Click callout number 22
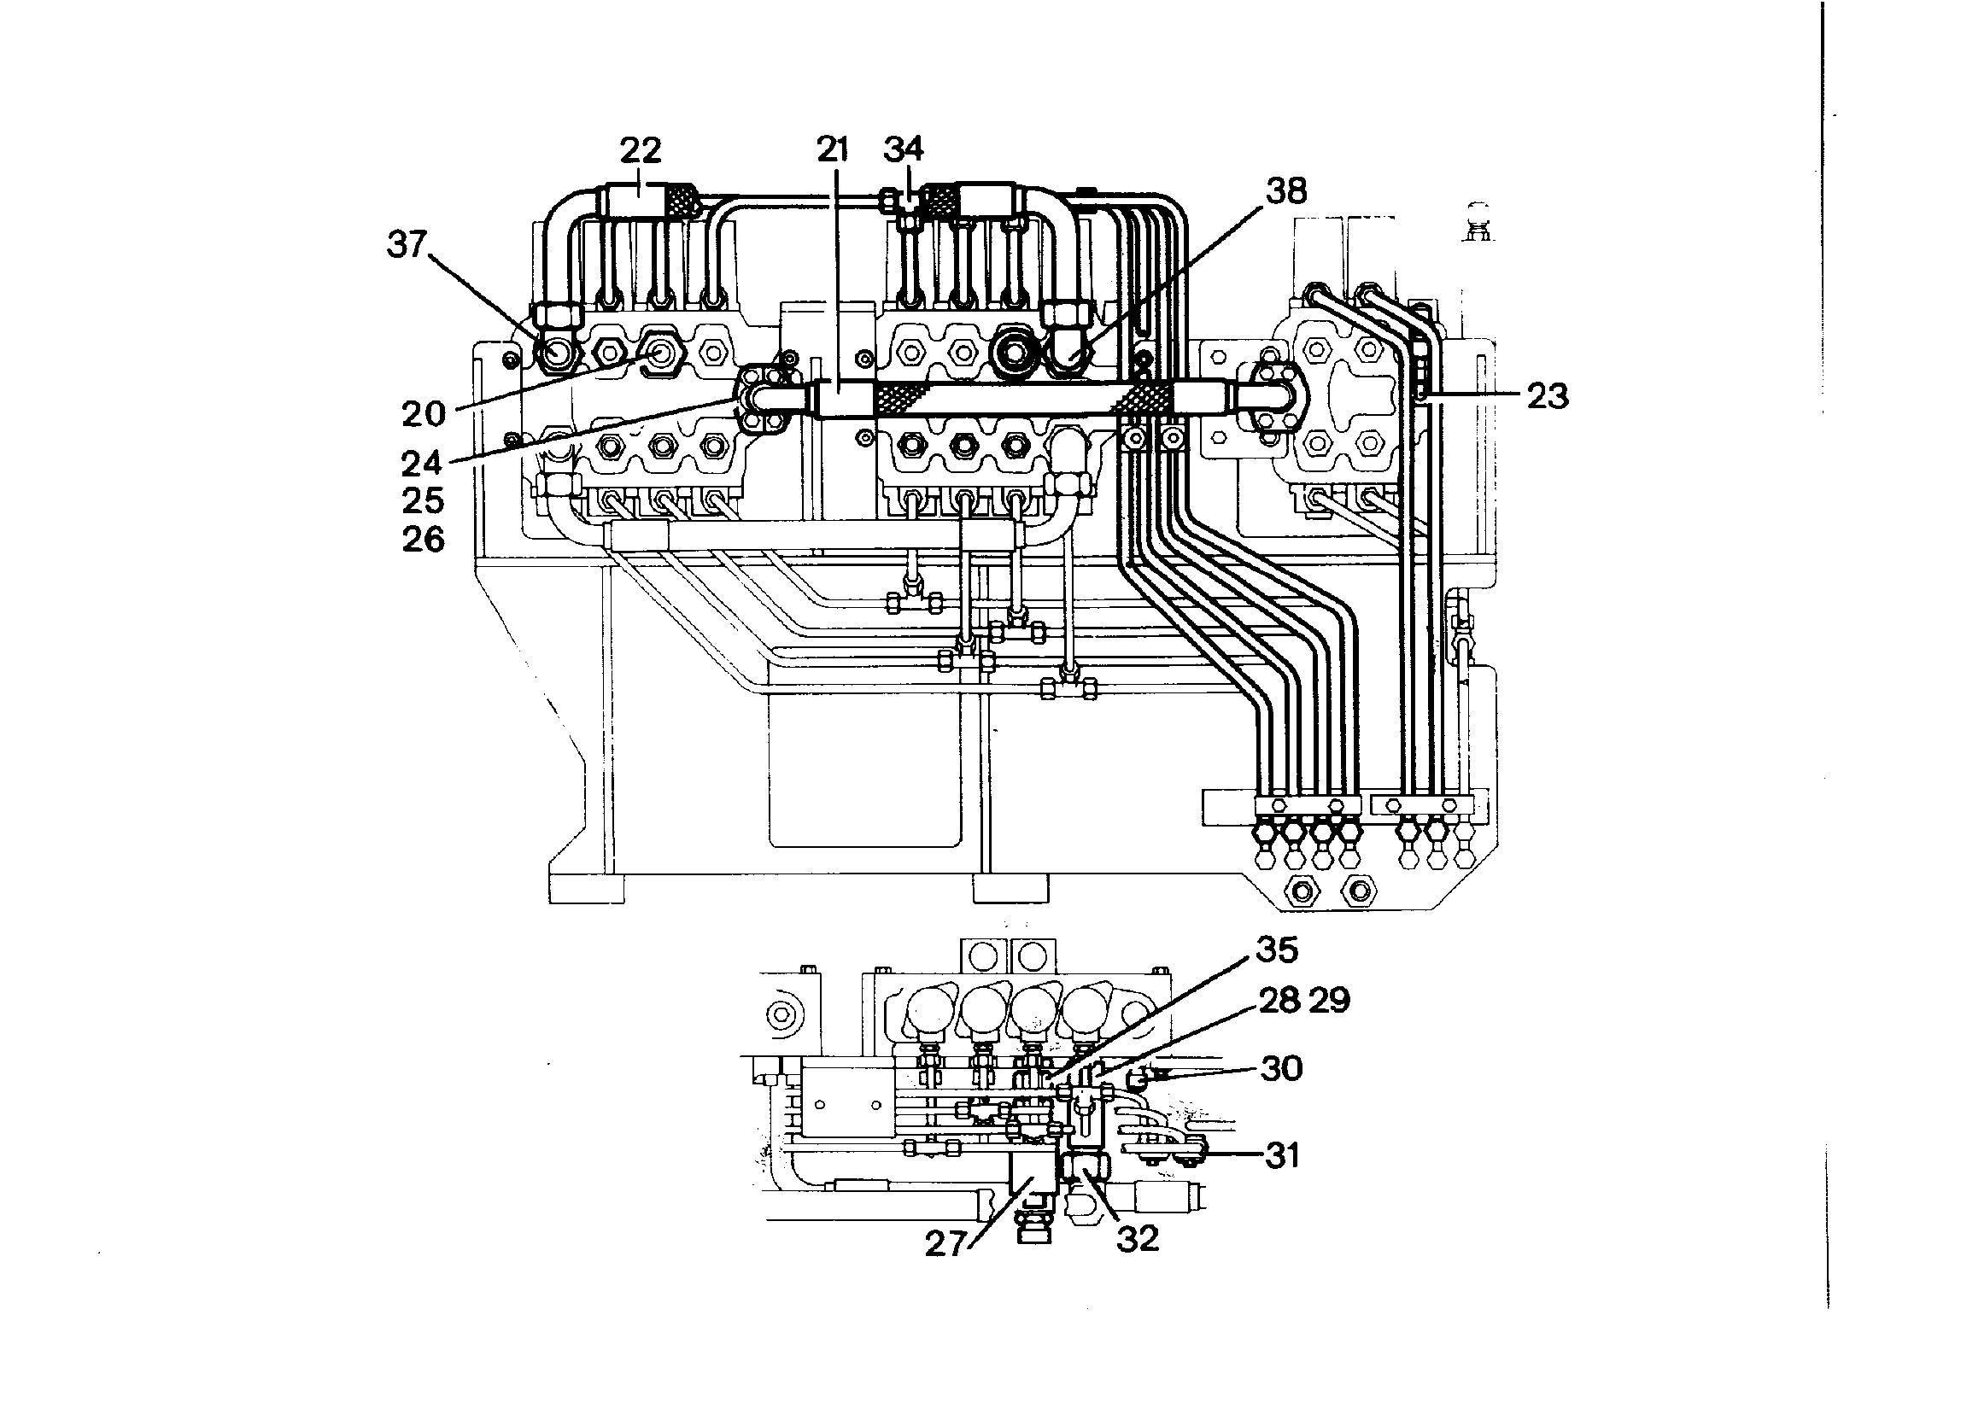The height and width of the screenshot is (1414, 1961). (x=641, y=150)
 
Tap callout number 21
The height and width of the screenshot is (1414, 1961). (x=833, y=149)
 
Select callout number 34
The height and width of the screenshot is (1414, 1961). (x=904, y=149)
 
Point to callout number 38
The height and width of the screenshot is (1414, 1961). (x=1286, y=191)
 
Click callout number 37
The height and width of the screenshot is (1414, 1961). (x=407, y=244)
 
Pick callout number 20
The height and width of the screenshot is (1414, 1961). (x=424, y=414)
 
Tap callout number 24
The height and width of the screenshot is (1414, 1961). (x=422, y=465)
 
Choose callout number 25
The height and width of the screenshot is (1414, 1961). (x=423, y=501)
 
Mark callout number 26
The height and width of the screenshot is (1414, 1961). (x=423, y=540)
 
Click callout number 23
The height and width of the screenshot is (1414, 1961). (x=1548, y=397)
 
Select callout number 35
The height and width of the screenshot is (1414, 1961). (x=1277, y=949)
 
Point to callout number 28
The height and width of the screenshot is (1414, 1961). (x=1279, y=1000)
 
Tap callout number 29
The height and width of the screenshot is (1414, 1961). (x=1330, y=1000)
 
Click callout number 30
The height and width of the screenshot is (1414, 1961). (x=1282, y=1069)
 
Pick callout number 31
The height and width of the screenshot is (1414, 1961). (x=1283, y=1155)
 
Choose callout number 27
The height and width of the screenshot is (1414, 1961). (x=945, y=1244)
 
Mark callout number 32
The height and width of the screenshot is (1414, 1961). (x=1138, y=1240)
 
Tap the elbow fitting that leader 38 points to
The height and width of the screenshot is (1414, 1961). (x=1068, y=351)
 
